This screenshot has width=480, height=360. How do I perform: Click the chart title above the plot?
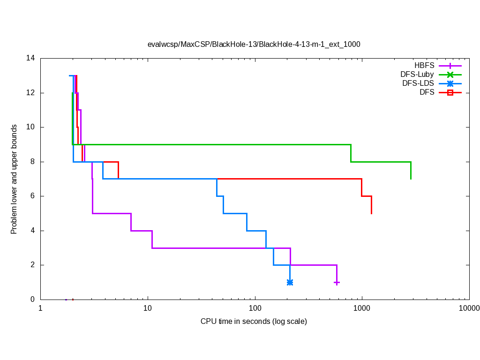click(254, 44)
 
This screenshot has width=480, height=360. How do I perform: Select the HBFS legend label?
click(425, 66)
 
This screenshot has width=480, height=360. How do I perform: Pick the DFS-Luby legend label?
click(418, 75)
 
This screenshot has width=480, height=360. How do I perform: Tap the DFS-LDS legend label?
click(419, 83)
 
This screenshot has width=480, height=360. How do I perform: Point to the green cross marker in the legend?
click(450, 75)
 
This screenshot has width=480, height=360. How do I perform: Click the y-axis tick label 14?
click(31, 59)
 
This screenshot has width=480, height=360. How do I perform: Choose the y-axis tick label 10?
click(31, 127)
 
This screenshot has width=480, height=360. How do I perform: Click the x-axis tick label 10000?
click(469, 308)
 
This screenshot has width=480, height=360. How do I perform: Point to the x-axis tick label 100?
click(255, 308)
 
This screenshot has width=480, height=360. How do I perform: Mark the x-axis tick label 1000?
click(362, 308)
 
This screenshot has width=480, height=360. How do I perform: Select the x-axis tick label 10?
click(148, 308)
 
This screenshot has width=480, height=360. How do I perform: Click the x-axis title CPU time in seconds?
click(254, 322)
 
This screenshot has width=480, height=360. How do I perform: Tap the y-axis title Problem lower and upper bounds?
click(14, 179)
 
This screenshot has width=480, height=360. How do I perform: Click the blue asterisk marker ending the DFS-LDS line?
click(290, 282)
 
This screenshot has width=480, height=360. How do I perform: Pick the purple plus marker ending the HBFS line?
click(337, 282)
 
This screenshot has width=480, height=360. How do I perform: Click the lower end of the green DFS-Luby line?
click(411, 179)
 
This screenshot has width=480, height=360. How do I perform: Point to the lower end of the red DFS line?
click(371, 213)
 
